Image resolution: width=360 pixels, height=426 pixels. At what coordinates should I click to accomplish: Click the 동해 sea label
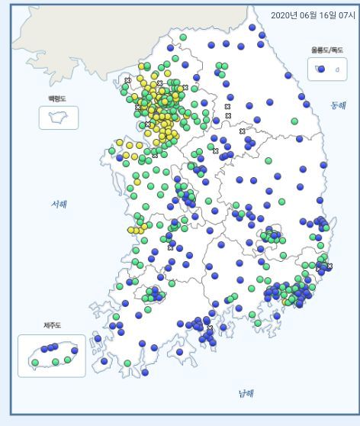coord(338,105)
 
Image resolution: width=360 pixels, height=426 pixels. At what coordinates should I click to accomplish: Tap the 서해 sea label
coord(59,204)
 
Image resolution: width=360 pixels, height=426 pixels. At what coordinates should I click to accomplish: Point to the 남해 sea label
coord(246,393)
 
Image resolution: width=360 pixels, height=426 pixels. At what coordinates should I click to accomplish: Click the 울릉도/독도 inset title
coord(326,50)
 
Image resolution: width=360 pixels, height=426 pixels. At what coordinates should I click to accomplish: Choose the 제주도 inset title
coord(52,325)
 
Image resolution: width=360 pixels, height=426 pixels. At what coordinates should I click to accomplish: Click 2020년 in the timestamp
coord(284,15)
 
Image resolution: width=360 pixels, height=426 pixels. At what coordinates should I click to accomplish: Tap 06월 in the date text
coord(308,15)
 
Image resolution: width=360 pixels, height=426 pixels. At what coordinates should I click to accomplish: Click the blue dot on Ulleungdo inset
coord(321,69)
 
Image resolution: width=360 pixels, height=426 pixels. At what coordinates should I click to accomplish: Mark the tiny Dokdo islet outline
coord(337,70)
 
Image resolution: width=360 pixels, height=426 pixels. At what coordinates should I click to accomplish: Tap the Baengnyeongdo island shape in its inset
coord(58,117)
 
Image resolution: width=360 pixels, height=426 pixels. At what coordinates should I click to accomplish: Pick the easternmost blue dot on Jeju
coord(75,350)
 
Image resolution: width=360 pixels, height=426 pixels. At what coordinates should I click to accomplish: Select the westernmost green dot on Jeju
coord(35,363)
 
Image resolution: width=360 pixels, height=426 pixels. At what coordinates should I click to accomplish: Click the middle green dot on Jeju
coord(56,362)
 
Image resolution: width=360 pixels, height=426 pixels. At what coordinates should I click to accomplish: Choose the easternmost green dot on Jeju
coord(68,359)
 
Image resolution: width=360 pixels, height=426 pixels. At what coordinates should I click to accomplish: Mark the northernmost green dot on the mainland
coord(183,37)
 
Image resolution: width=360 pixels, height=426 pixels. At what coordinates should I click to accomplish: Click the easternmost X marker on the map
coord(329,266)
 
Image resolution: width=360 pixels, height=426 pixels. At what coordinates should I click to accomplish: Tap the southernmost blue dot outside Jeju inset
coord(146,373)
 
